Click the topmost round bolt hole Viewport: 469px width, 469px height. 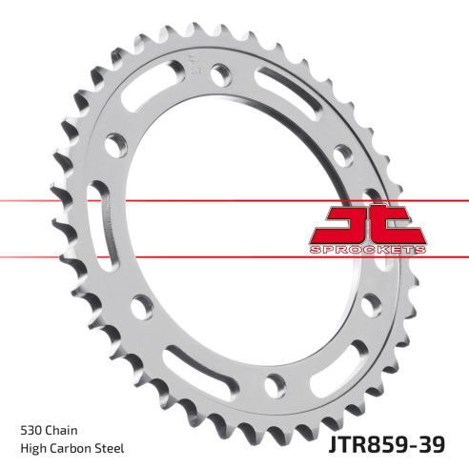pyautogui.click(x=222, y=71)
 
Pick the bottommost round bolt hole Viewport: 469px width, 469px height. pyautogui.click(x=275, y=384)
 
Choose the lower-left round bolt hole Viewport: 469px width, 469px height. pyautogui.click(x=143, y=306)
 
